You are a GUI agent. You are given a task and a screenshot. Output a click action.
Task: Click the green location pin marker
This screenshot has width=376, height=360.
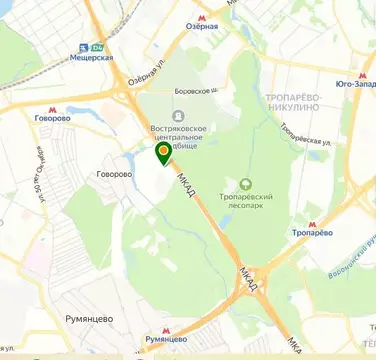point(163,153)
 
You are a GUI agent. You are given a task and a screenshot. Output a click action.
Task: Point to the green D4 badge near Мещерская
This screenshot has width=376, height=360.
point(96,46)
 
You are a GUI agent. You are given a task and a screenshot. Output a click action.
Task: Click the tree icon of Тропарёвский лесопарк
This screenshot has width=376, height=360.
point(245,183)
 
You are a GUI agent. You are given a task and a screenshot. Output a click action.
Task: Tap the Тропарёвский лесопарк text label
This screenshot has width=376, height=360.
point(246,202)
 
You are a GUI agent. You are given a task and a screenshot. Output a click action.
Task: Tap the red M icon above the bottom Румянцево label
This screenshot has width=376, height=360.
point(166,326)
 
